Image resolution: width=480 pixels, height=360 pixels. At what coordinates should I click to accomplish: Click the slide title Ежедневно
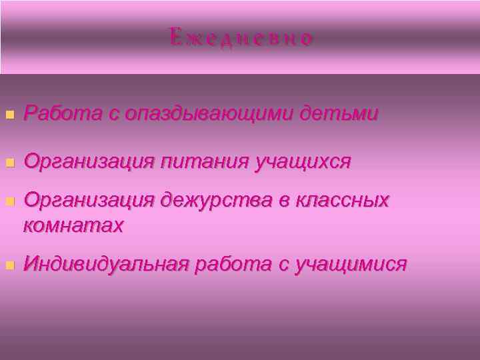[241, 38]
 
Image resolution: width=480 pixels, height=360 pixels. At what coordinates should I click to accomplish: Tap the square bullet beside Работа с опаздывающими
[9, 115]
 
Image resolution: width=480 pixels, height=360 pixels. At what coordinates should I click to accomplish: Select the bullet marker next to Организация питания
[9, 162]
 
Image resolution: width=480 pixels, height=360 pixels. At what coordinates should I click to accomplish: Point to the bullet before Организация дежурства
[9, 201]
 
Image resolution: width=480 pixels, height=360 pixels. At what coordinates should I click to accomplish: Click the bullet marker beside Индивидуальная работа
[9, 265]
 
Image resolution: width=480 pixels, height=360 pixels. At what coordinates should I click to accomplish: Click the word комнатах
[73, 225]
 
